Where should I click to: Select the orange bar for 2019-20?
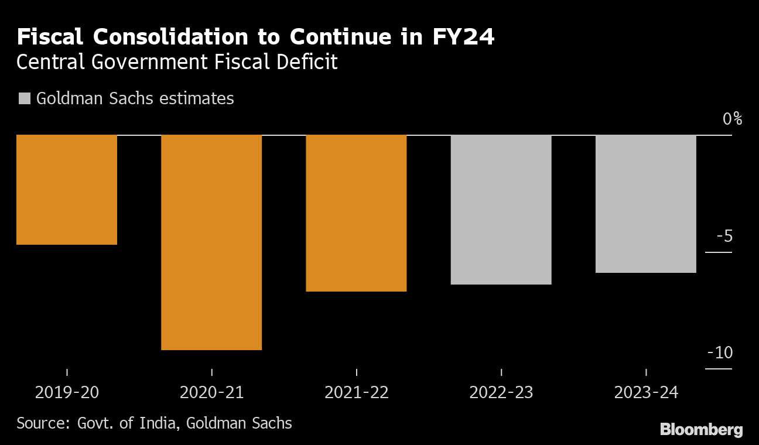point(67,190)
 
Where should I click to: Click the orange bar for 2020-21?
point(211,242)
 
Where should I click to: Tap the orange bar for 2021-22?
point(356,213)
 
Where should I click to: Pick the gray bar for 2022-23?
point(501,210)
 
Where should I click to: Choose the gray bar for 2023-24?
point(646,204)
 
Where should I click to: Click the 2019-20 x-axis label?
point(67,392)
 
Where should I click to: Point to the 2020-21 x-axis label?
point(211,392)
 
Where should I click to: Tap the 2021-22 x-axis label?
point(356,392)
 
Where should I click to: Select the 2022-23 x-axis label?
point(501,392)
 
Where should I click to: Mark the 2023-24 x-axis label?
point(646,392)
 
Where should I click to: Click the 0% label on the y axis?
point(732,119)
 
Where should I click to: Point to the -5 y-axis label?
point(724,237)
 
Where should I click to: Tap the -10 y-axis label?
point(720,353)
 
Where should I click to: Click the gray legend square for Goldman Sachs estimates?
point(24,98)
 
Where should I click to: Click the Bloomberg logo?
point(701,430)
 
